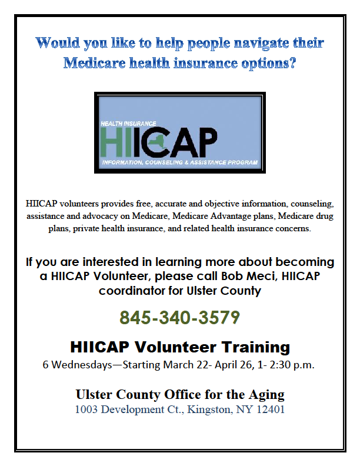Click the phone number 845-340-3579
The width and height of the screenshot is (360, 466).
[179, 317]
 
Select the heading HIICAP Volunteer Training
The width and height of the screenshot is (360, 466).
[180, 347]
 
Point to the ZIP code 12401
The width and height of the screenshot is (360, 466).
[271, 410]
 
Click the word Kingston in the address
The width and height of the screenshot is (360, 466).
[209, 410]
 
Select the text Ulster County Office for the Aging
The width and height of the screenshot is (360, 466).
[180, 395]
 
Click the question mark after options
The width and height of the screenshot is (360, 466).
[292, 63]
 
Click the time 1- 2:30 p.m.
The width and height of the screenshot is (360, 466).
[286, 365]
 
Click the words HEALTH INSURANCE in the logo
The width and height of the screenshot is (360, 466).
[128, 124]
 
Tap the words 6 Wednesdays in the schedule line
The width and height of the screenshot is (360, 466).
[78, 365]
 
